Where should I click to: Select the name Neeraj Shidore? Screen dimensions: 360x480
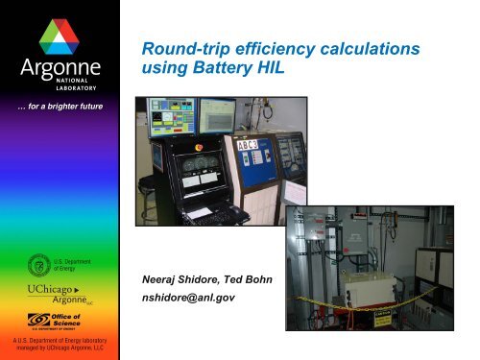point(182,281)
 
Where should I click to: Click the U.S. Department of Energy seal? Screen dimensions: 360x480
point(42,260)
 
